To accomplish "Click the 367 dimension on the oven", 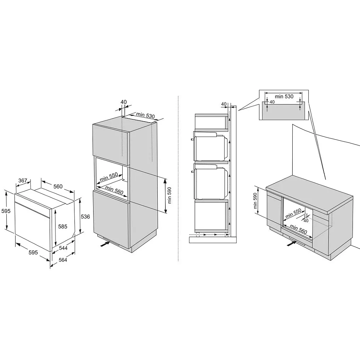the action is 23,181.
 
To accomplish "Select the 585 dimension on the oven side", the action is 62,227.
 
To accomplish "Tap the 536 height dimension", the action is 85,216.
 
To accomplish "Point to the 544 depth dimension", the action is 63,248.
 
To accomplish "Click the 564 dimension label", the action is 63,260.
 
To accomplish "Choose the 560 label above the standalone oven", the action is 58,186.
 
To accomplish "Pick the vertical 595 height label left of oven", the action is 6,211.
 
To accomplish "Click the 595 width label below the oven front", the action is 33,253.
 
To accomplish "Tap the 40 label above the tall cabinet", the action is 124,102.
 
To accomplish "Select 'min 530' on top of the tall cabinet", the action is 146,115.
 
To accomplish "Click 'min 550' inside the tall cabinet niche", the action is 109,177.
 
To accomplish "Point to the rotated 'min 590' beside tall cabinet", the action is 169,195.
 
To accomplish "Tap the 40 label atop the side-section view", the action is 224,104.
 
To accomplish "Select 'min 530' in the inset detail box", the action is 284,96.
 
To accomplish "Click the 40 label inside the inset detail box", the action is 272,102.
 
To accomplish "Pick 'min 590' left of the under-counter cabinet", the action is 255,201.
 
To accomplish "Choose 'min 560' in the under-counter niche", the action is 298,229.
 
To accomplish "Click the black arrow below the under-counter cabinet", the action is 292,244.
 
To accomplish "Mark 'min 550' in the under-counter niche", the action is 293,214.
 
